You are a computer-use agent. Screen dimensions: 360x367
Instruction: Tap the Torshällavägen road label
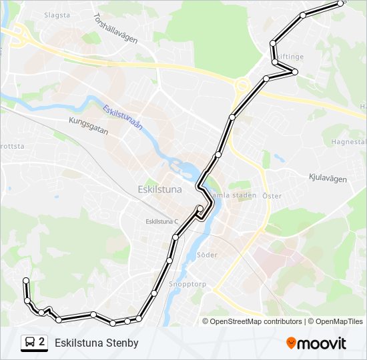(x=115, y=29)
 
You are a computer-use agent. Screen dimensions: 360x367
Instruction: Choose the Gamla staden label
(x=228, y=195)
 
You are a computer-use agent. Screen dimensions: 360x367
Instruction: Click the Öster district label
(x=272, y=196)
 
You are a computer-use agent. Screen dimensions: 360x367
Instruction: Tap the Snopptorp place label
(x=188, y=283)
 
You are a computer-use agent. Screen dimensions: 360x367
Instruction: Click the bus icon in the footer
(x=30, y=343)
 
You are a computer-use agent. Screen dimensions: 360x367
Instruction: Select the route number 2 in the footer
(x=42, y=342)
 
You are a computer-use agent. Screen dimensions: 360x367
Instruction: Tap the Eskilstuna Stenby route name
(x=97, y=343)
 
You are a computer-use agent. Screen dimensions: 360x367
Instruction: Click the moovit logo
(x=316, y=343)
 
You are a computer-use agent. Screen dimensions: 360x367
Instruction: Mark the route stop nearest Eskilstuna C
(x=200, y=209)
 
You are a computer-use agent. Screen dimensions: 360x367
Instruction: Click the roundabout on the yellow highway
(x=242, y=85)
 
